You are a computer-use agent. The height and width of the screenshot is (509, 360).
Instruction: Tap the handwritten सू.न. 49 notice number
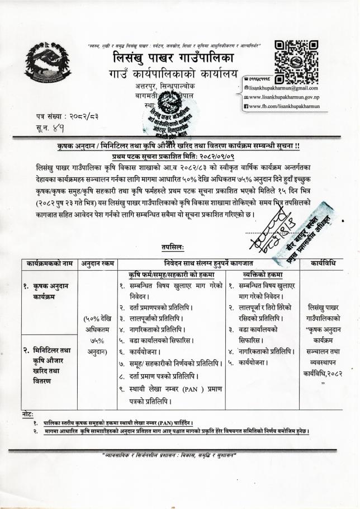(51, 130)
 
